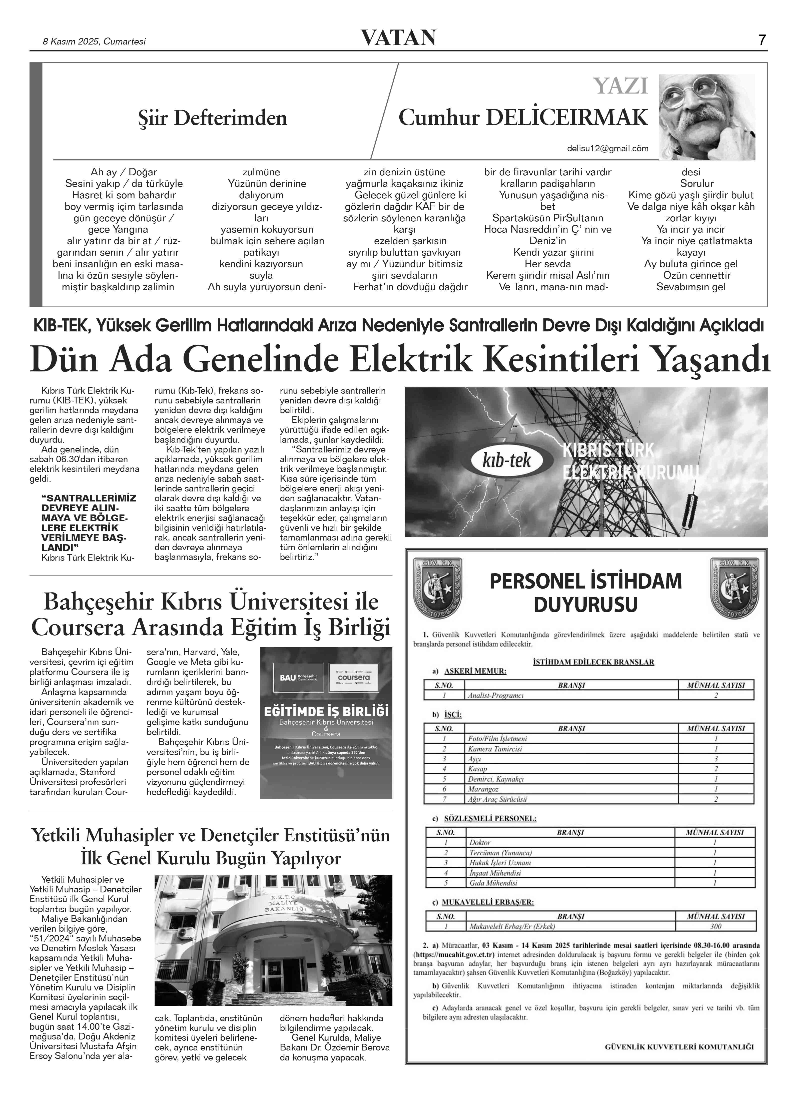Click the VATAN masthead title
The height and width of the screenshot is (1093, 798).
click(x=399, y=38)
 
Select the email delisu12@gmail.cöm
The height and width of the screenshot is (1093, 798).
click(x=607, y=149)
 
